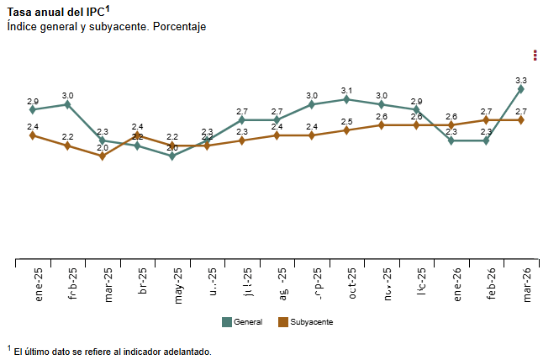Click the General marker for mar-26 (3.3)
click(x=521, y=88)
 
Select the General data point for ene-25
click(x=33, y=109)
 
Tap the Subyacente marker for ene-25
click(x=33, y=135)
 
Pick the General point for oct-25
click(x=346, y=99)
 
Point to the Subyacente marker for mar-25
click(x=103, y=156)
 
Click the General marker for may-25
click(x=172, y=156)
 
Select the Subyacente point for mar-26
click(x=521, y=119)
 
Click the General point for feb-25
click(x=67, y=104)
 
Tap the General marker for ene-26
click(x=451, y=140)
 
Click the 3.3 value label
click(x=521, y=80)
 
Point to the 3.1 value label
click(x=346, y=90)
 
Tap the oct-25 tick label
click(x=352, y=283)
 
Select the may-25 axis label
click(x=178, y=283)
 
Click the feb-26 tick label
click(x=492, y=283)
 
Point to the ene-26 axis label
click(x=457, y=283)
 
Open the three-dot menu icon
click(x=535, y=56)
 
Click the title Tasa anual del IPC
click(x=57, y=12)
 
